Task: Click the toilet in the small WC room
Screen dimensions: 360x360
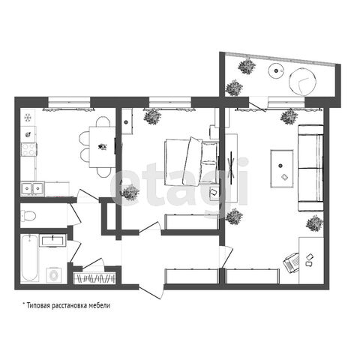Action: tap(28, 215)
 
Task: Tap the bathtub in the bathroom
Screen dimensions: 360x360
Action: tap(29, 258)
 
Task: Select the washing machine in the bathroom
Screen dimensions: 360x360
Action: tap(53, 275)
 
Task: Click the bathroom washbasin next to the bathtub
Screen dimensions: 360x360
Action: tap(52, 241)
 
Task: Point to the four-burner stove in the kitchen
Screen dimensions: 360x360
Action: tap(28, 149)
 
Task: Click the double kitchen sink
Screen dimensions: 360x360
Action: tap(32, 188)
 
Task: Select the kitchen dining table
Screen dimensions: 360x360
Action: tap(102, 147)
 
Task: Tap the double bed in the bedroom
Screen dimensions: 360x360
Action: tap(190, 163)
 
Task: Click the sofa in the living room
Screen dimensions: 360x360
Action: tap(310, 168)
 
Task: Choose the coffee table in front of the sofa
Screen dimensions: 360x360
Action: tap(282, 168)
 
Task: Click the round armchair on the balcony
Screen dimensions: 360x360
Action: tap(302, 82)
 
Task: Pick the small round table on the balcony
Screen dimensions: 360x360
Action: tap(276, 71)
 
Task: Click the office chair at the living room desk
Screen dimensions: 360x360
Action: tap(292, 263)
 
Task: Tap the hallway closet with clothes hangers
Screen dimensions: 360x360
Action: tap(94, 278)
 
